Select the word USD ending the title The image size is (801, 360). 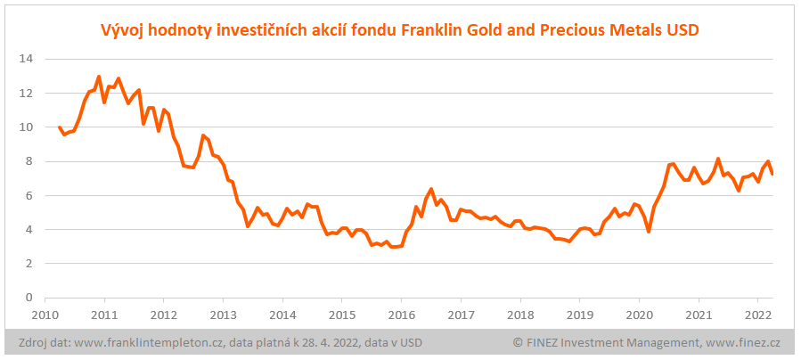point(682,30)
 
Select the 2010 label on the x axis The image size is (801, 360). point(45,315)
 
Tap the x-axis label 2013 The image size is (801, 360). point(223,315)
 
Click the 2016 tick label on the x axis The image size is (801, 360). point(401,315)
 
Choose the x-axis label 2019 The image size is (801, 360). point(579,315)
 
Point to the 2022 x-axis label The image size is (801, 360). point(757,315)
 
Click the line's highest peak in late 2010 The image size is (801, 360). point(99,77)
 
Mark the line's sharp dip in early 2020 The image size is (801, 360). point(649,232)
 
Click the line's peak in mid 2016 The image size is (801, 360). point(431,189)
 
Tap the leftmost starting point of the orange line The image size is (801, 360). point(60,127)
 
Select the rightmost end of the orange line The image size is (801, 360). point(772,173)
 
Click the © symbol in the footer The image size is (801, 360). point(518,342)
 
